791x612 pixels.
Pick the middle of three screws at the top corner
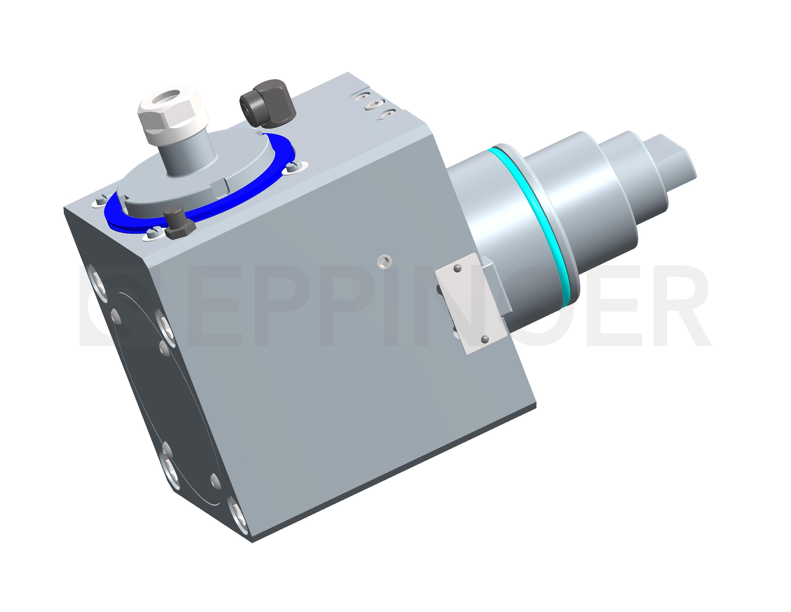(x=373, y=105)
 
